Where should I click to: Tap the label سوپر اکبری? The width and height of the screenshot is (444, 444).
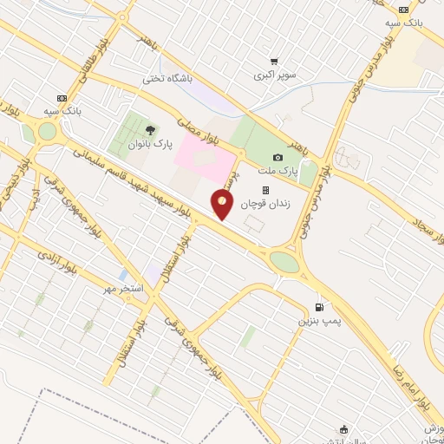click(275, 76)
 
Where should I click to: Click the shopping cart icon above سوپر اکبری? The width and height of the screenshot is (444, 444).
click(274, 62)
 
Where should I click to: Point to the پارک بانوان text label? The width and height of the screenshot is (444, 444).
click(153, 144)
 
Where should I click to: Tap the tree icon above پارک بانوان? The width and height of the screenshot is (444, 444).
click(153, 129)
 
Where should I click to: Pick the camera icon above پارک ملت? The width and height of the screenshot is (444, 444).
click(277, 157)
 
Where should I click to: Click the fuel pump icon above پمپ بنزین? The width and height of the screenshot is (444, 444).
click(319, 307)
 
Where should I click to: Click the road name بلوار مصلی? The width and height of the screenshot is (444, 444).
click(198, 126)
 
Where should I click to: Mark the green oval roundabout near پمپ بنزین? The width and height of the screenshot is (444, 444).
click(284, 261)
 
